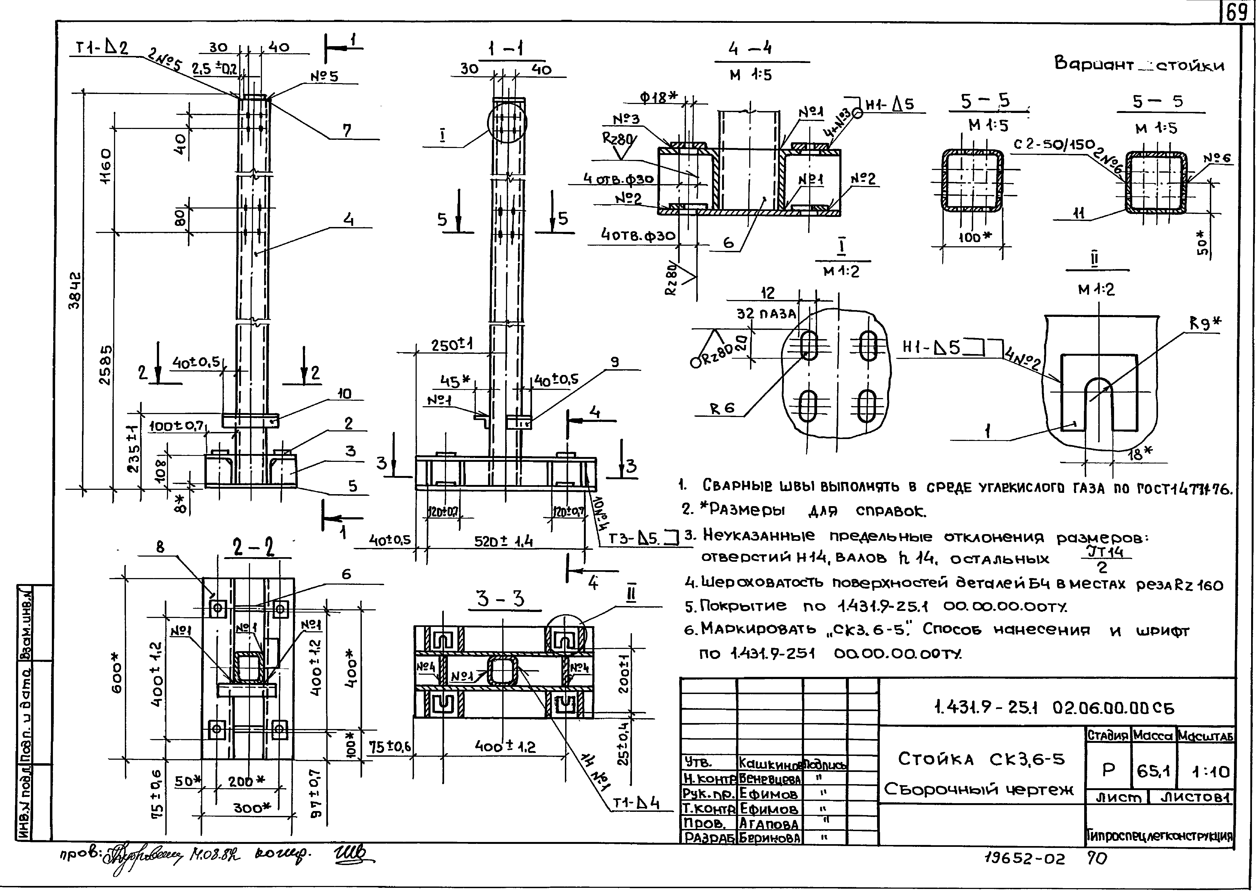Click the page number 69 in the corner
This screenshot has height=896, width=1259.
pyautogui.click(x=1236, y=12)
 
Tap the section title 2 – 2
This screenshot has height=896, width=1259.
pyautogui.click(x=253, y=547)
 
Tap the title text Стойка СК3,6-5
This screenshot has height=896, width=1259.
pyautogui.click(x=980, y=759)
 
